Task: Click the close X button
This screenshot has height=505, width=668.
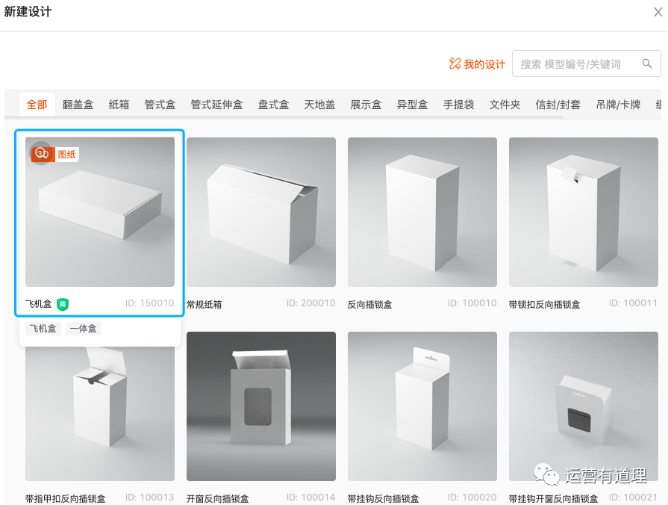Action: (658, 12)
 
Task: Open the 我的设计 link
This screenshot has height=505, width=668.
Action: (477, 64)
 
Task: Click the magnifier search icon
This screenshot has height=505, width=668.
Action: (646, 63)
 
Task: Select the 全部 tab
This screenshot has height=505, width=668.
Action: (37, 105)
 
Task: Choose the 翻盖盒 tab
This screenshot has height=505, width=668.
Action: (78, 105)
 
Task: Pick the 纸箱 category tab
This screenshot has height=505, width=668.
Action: (119, 105)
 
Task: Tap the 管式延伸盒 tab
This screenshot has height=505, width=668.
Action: (216, 105)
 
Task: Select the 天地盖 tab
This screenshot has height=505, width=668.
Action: (319, 105)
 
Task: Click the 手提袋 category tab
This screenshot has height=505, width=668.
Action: (458, 105)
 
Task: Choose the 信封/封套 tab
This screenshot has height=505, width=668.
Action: (558, 105)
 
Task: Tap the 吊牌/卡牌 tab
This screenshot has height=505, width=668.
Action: (618, 105)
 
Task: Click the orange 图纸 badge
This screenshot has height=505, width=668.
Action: (67, 155)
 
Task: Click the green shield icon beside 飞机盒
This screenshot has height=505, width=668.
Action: (63, 304)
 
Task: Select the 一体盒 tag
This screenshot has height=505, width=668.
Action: (83, 329)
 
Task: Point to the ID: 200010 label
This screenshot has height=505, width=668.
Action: (310, 303)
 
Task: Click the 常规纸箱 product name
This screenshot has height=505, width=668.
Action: (204, 305)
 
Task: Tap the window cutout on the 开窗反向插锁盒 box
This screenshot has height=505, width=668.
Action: (257, 406)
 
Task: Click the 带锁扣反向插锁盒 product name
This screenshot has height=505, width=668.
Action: (544, 305)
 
